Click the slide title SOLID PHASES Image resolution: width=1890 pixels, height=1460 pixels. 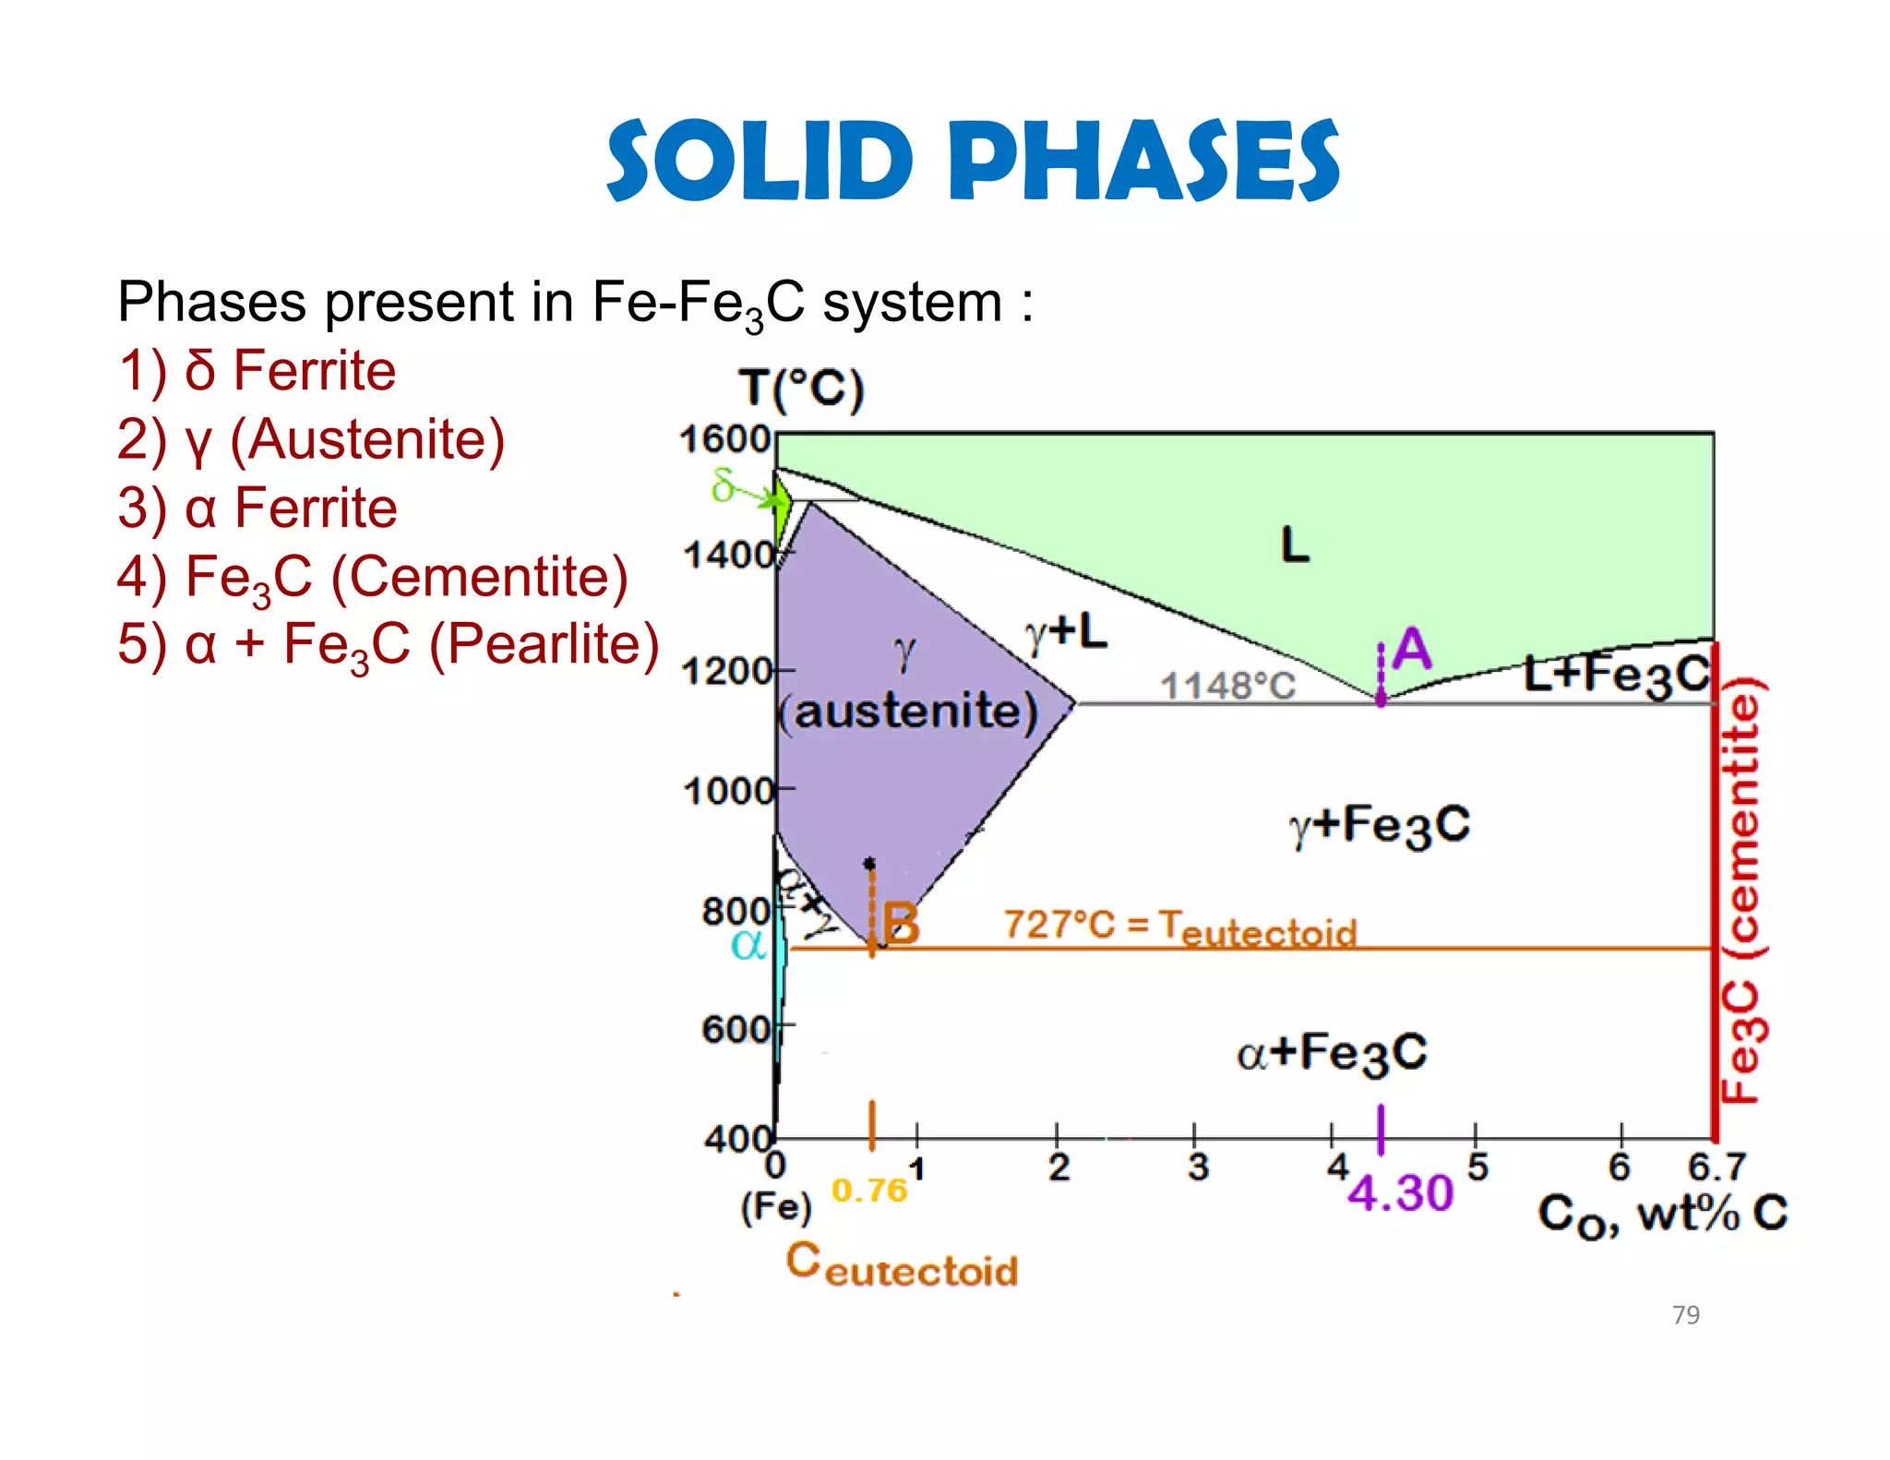click(x=972, y=161)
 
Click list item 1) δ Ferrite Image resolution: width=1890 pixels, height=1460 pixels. click(x=257, y=371)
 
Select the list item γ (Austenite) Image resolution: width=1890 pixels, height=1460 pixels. click(x=312, y=439)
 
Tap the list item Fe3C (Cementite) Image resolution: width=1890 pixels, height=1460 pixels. click(x=373, y=578)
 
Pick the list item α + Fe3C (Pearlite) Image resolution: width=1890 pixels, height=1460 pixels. click(x=389, y=645)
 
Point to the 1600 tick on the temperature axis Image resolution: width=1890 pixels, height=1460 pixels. click(x=725, y=439)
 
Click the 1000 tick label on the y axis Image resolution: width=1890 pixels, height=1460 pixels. click(x=728, y=791)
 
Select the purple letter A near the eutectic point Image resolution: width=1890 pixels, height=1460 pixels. click(x=1411, y=649)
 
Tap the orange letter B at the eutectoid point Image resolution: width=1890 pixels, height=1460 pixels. click(x=901, y=923)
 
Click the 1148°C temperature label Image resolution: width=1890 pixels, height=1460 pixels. click(x=1227, y=686)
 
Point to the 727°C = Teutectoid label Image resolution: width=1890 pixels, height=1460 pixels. click(x=1180, y=927)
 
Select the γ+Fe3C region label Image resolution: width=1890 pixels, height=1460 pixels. click(x=1380, y=825)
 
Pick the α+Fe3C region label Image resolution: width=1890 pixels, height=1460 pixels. click(x=1332, y=1052)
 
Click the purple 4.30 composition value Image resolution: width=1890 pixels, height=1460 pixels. click(x=1400, y=1193)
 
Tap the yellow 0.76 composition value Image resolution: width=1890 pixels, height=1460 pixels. click(x=868, y=1191)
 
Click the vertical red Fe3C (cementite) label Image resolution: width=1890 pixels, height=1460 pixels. click(x=1741, y=890)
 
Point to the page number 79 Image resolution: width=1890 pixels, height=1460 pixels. click(x=1685, y=1314)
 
